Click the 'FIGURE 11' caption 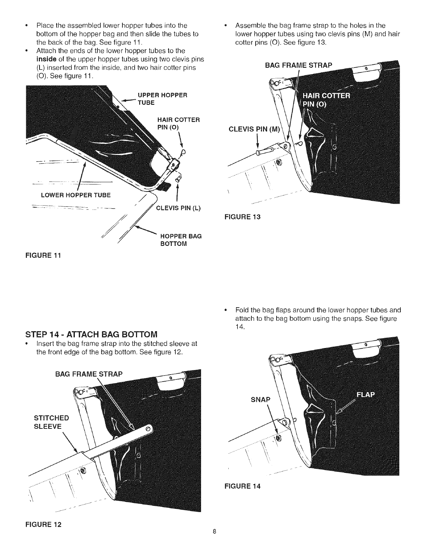click(43, 255)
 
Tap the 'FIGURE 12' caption click(43, 524)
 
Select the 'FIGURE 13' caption click(242, 217)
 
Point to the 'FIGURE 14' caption click(242, 486)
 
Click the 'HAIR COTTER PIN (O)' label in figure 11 click(178, 123)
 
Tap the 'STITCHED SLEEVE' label click(51, 422)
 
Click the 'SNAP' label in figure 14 click(261, 399)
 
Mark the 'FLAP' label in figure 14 click(365, 395)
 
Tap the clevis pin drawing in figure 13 click(270, 149)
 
